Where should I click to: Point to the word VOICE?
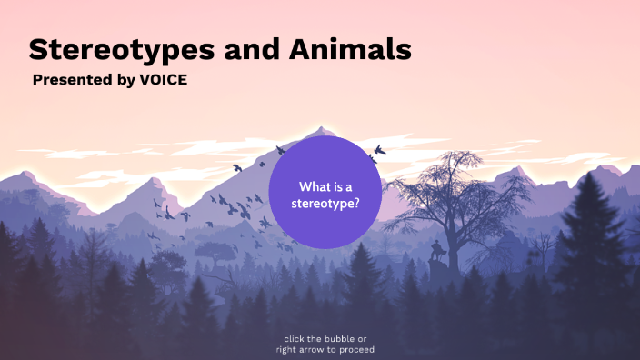[164, 80]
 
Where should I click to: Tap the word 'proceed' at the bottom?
[356, 349]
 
